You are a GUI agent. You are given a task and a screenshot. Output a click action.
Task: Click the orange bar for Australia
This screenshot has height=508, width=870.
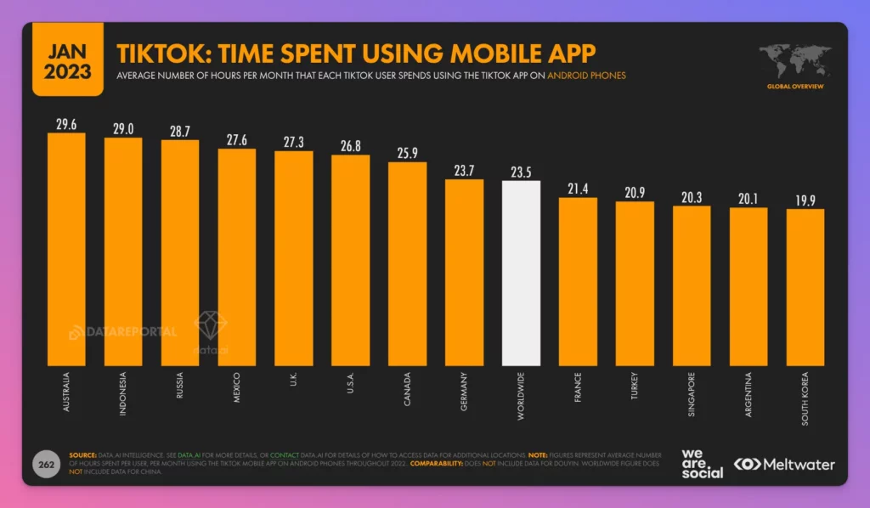[x=66, y=246]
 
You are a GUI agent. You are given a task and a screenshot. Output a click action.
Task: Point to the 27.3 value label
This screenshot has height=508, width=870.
[x=294, y=141]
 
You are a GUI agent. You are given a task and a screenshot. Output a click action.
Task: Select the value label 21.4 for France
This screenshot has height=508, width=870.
[x=578, y=188]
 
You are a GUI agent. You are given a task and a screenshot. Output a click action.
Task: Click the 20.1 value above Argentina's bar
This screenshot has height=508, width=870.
[x=749, y=198]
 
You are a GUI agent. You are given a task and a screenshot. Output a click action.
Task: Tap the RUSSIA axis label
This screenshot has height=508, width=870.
[x=180, y=387]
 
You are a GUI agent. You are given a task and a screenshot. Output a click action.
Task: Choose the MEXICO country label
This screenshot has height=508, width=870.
[x=237, y=387]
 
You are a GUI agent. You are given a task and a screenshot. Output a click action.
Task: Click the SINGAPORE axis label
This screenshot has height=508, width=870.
[x=692, y=392]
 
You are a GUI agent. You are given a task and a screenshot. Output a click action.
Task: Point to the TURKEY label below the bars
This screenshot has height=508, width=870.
[x=635, y=387]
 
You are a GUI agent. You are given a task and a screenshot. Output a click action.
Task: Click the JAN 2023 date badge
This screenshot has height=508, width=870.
[x=67, y=59]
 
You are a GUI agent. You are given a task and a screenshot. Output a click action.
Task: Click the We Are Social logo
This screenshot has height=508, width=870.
[x=702, y=463]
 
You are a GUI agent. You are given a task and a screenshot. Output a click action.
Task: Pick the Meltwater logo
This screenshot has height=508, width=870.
[x=784, y=464]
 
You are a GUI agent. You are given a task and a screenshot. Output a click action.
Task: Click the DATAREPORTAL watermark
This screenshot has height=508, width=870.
[x=122, y=331]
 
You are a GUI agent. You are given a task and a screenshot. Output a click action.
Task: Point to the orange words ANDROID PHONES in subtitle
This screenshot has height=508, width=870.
[x=586, y=76]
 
